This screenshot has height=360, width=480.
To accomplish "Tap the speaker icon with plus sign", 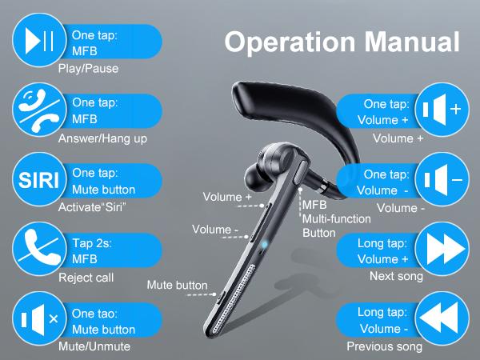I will pyautogui.click(x=442, y=110).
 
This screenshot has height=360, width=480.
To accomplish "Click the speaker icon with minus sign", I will pyautogui.click(x=442, y=180).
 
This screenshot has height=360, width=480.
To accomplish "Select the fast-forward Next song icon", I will pyautogui.click(x=442, y=250).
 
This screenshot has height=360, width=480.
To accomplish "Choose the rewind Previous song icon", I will pyautogui.click(x=442, y=320).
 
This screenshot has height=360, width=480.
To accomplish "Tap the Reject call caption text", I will pyautogui.click(x=86, y=278).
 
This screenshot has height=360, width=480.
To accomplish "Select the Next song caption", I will pyautogui.click(x=396, y=277).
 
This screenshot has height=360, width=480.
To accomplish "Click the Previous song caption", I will pyautogui.click(x=384, y=347).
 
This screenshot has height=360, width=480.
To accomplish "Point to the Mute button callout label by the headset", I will pyautogui.click(x=177, y=285).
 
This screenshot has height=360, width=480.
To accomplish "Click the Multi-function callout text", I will pyautogui.click(x=336, y=218).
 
